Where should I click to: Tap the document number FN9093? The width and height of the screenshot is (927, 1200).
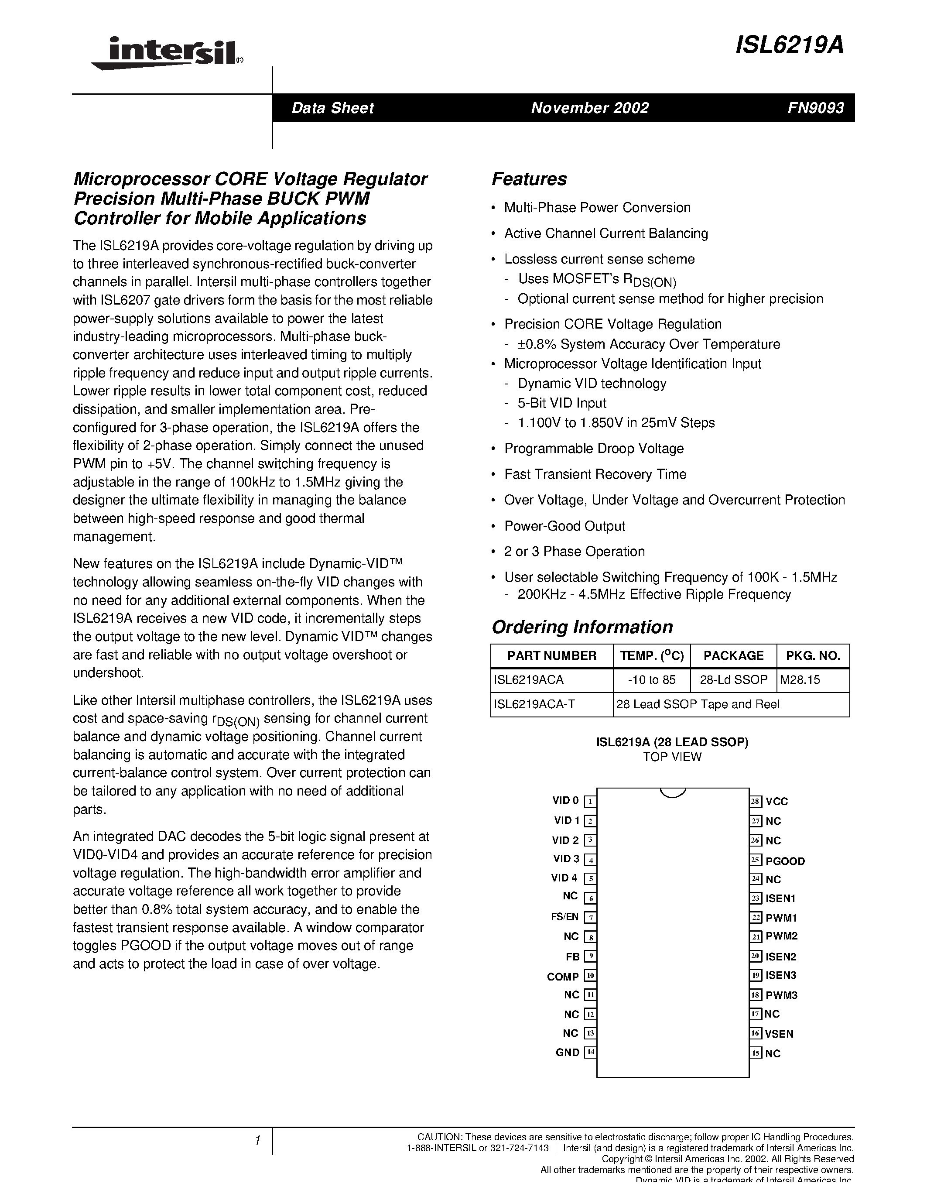click(x=815, y=108)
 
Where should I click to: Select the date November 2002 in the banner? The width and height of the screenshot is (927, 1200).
click(x=590, y=108)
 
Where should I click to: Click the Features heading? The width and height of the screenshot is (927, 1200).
click(x=529, y=179)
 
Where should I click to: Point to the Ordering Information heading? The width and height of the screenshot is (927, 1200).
click(x=582, y=627)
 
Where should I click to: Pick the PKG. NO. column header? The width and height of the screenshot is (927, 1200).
click(x=813, y=655)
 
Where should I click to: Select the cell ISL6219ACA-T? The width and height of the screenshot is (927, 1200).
click(x=534, y=704)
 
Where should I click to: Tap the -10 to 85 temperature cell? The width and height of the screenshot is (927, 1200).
click(x=651, y=680)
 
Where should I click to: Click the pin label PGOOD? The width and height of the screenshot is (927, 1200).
click(x=785, y=861)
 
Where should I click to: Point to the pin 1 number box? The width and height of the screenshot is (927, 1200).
click(x=590, y=801)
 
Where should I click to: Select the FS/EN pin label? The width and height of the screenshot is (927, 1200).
click(x=564, y=916)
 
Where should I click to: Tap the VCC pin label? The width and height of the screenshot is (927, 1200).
click(x=776, y=802)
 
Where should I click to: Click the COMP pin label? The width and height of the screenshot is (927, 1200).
click(x=563, y=977)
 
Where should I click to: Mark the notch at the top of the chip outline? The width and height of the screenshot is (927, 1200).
click(x=672, y=792)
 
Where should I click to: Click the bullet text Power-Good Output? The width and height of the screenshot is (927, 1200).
click(x=564, y=526)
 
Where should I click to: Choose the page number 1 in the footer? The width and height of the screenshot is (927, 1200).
click(x=257, y=1141)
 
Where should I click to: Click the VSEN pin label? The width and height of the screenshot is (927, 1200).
click(x=779, y=1033)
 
